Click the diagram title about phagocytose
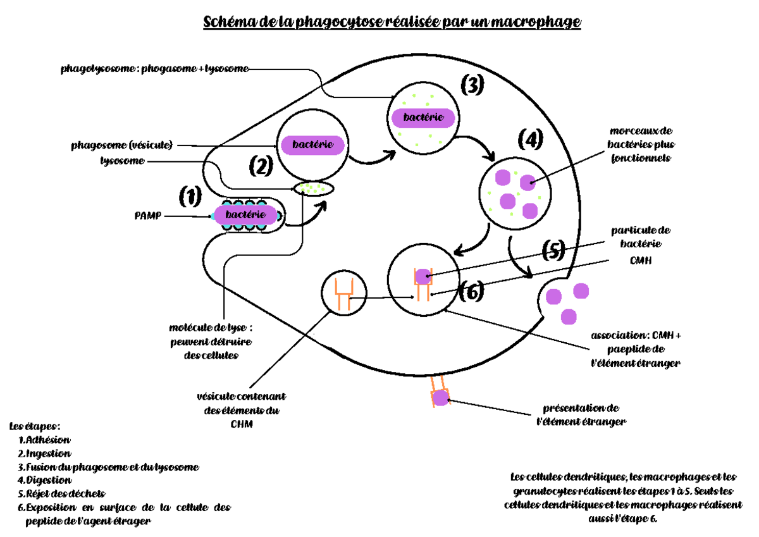pyautogui.click(x=392, y=23)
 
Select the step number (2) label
pyautogui.click(x=260, y=166)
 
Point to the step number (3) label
pyautogui.click(x=472, y=84)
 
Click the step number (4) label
pyautogui.click(x=530, y=139)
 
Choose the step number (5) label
pyautogui.click(x=553, y=251)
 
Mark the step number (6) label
pyautogui.click(x=472, y=291)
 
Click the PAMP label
pyautogui.click(x=147, y=216)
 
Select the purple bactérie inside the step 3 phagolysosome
pyautogui.click(x=423, y=117)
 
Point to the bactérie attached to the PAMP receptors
pyautogui.click(x=246, y=216)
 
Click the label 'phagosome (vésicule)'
pyautogui.click(x=121, y=145)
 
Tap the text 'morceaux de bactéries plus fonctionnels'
pyautogui.click(x=640, y=144)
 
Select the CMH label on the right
pyautogui.click(x=640, y=260)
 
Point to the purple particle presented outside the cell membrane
pyautogui.click(x=440, y=397)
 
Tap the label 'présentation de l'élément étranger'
pyautogui.click(x=581, y=414)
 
